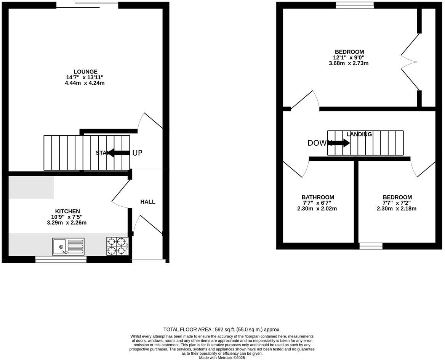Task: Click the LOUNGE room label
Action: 85,72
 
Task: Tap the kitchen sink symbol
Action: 68,246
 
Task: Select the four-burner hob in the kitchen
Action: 117,246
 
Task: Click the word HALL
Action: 148,202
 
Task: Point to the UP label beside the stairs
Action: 137,153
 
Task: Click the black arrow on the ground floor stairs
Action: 118,153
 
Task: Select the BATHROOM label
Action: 318,197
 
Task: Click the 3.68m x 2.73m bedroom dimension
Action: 349,63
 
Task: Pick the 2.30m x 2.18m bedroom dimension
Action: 397,209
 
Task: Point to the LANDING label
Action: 359,134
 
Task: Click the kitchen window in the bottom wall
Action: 61,259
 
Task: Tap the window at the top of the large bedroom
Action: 355,5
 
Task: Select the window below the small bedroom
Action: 371,246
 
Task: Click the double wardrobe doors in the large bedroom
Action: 410,62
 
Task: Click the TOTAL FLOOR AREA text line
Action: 222,329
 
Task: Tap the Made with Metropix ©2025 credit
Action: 222,358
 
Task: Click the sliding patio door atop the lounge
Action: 87,5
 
